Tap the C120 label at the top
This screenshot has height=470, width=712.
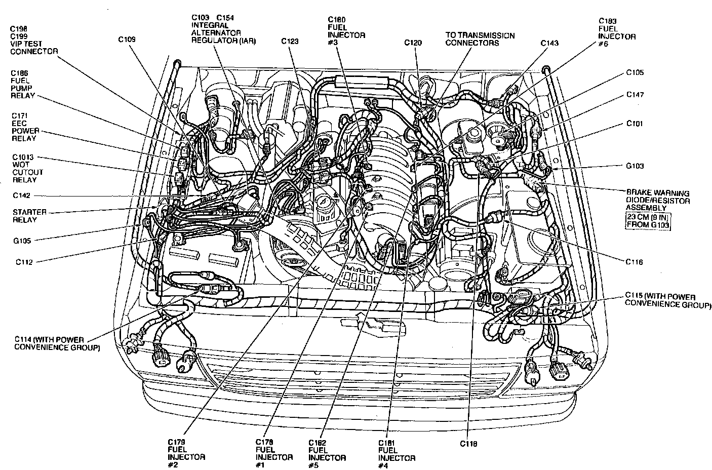pos(413,43)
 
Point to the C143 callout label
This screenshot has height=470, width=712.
pos(549,43)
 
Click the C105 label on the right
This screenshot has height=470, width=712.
pos(635,72)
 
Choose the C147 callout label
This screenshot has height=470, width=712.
pos(635,95)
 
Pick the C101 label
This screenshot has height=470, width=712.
pos(635,123)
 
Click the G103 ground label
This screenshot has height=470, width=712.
pos(635,166)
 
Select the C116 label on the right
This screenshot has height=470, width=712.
pos(634,262)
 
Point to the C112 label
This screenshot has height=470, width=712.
pos(24,262)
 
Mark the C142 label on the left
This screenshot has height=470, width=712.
pos(22,195)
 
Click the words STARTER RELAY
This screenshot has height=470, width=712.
pos(29,216)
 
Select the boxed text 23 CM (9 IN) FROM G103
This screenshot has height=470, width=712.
pos(649,221)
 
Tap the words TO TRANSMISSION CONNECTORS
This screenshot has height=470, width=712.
pos(480,39)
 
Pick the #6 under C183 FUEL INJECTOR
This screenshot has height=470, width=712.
pos(604,44)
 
